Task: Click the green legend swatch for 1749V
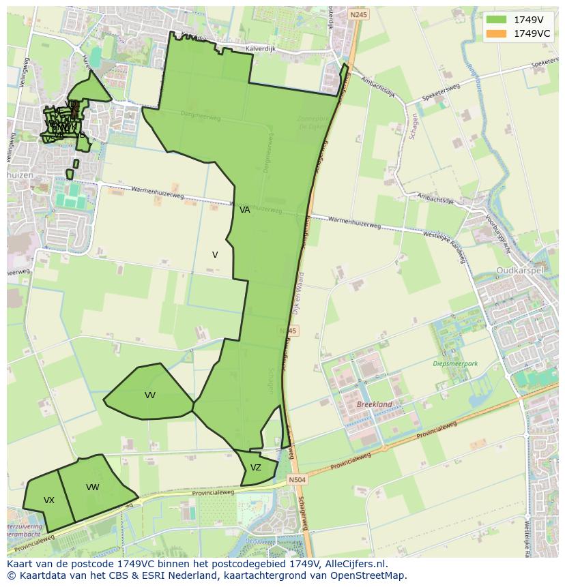[x=496, y=20]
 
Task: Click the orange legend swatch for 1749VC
[x=496, y=33]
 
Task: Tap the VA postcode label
[x=245, y=210]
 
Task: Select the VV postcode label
[x=150, y=395]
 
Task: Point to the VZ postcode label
[x=256, y=468]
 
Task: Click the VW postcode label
[x=93, y=487]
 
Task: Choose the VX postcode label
[x=49, y=500]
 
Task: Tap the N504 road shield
[x=297, y=480]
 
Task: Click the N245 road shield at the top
[x=358, y=14]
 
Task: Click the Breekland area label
[x=375, y=404]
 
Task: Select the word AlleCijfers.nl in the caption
[x=353, y=564]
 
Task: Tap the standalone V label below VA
[x=215, y=255]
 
